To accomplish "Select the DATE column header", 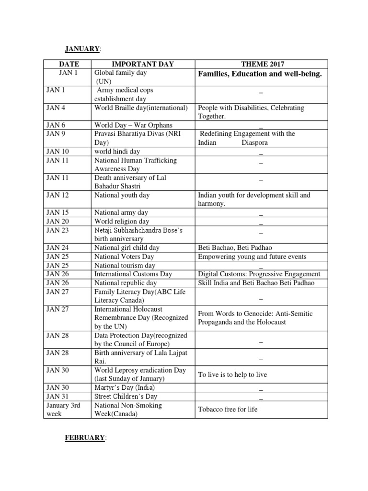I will coord(69,64).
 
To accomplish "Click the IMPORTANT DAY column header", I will coord(143,64).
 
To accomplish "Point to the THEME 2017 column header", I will coord(261,64).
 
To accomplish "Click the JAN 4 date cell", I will coord(56,108).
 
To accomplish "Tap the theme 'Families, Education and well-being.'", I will coord(260,74).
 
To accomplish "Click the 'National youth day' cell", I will coord(122,195).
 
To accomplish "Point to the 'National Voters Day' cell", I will coord(124,257).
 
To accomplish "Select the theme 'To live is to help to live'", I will coord(232,374).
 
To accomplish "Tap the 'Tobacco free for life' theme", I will coord(228,409).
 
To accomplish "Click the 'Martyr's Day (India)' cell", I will coord(125,387).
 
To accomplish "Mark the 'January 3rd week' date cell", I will coord(63,409).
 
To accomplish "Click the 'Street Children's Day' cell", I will coord(126,396).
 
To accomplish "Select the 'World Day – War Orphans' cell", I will coord(133,125).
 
